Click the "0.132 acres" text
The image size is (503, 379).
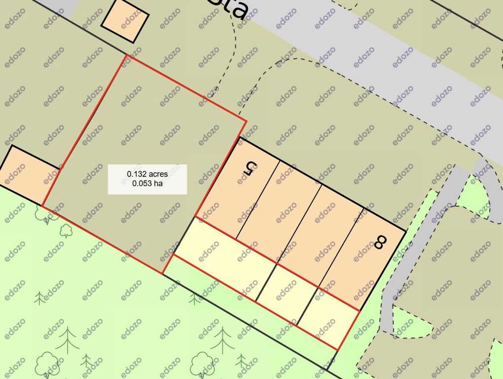pyautogui.click(x=147, y=174)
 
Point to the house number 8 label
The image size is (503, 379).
pyautogui.click(x=381, y=242)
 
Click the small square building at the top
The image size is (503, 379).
pyautogui.click(x=125, y=21)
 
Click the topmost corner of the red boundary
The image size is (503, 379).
pyautogui.click(x=126, y=55)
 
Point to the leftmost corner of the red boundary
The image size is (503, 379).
pyautogui.click(x=42, y=206)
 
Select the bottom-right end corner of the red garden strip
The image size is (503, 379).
pyautogui.click(x=337, y=350)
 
